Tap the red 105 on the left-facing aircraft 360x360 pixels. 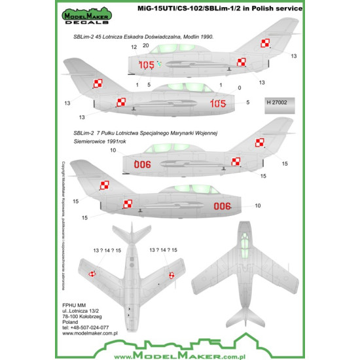pyautogui.click(x=147, y=64)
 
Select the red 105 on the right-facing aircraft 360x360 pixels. pyautogui.click(x=217, y=103)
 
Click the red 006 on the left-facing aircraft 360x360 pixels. pyautogui.click(x=142, y=165)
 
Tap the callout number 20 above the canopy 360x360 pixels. pyautogui.click(x=145, y=46)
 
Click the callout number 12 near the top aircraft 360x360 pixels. pyautogui.click(x=134, y=48)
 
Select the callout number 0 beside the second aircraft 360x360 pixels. pyautogui.click(x=240, y=87)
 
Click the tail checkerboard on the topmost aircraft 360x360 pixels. pyautogui.click(x=265, y=43)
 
